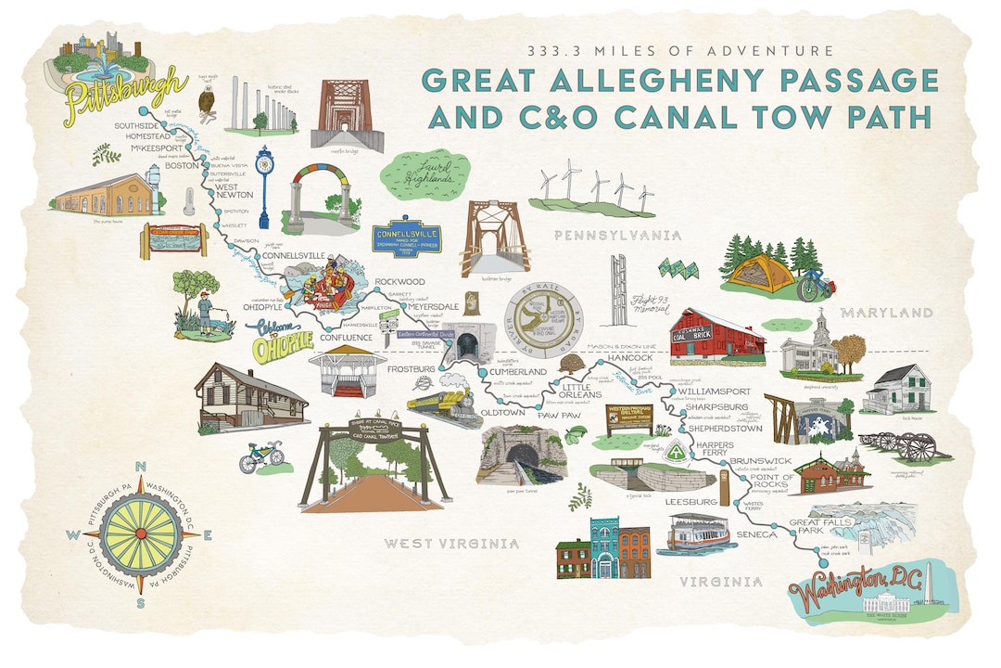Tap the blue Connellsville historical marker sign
[405, 238]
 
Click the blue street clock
[265, 186]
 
